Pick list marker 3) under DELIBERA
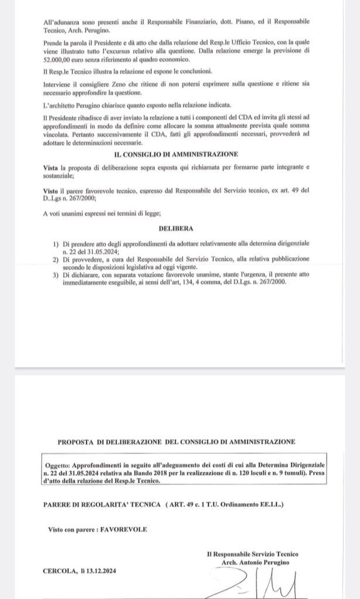coord(56,274)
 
